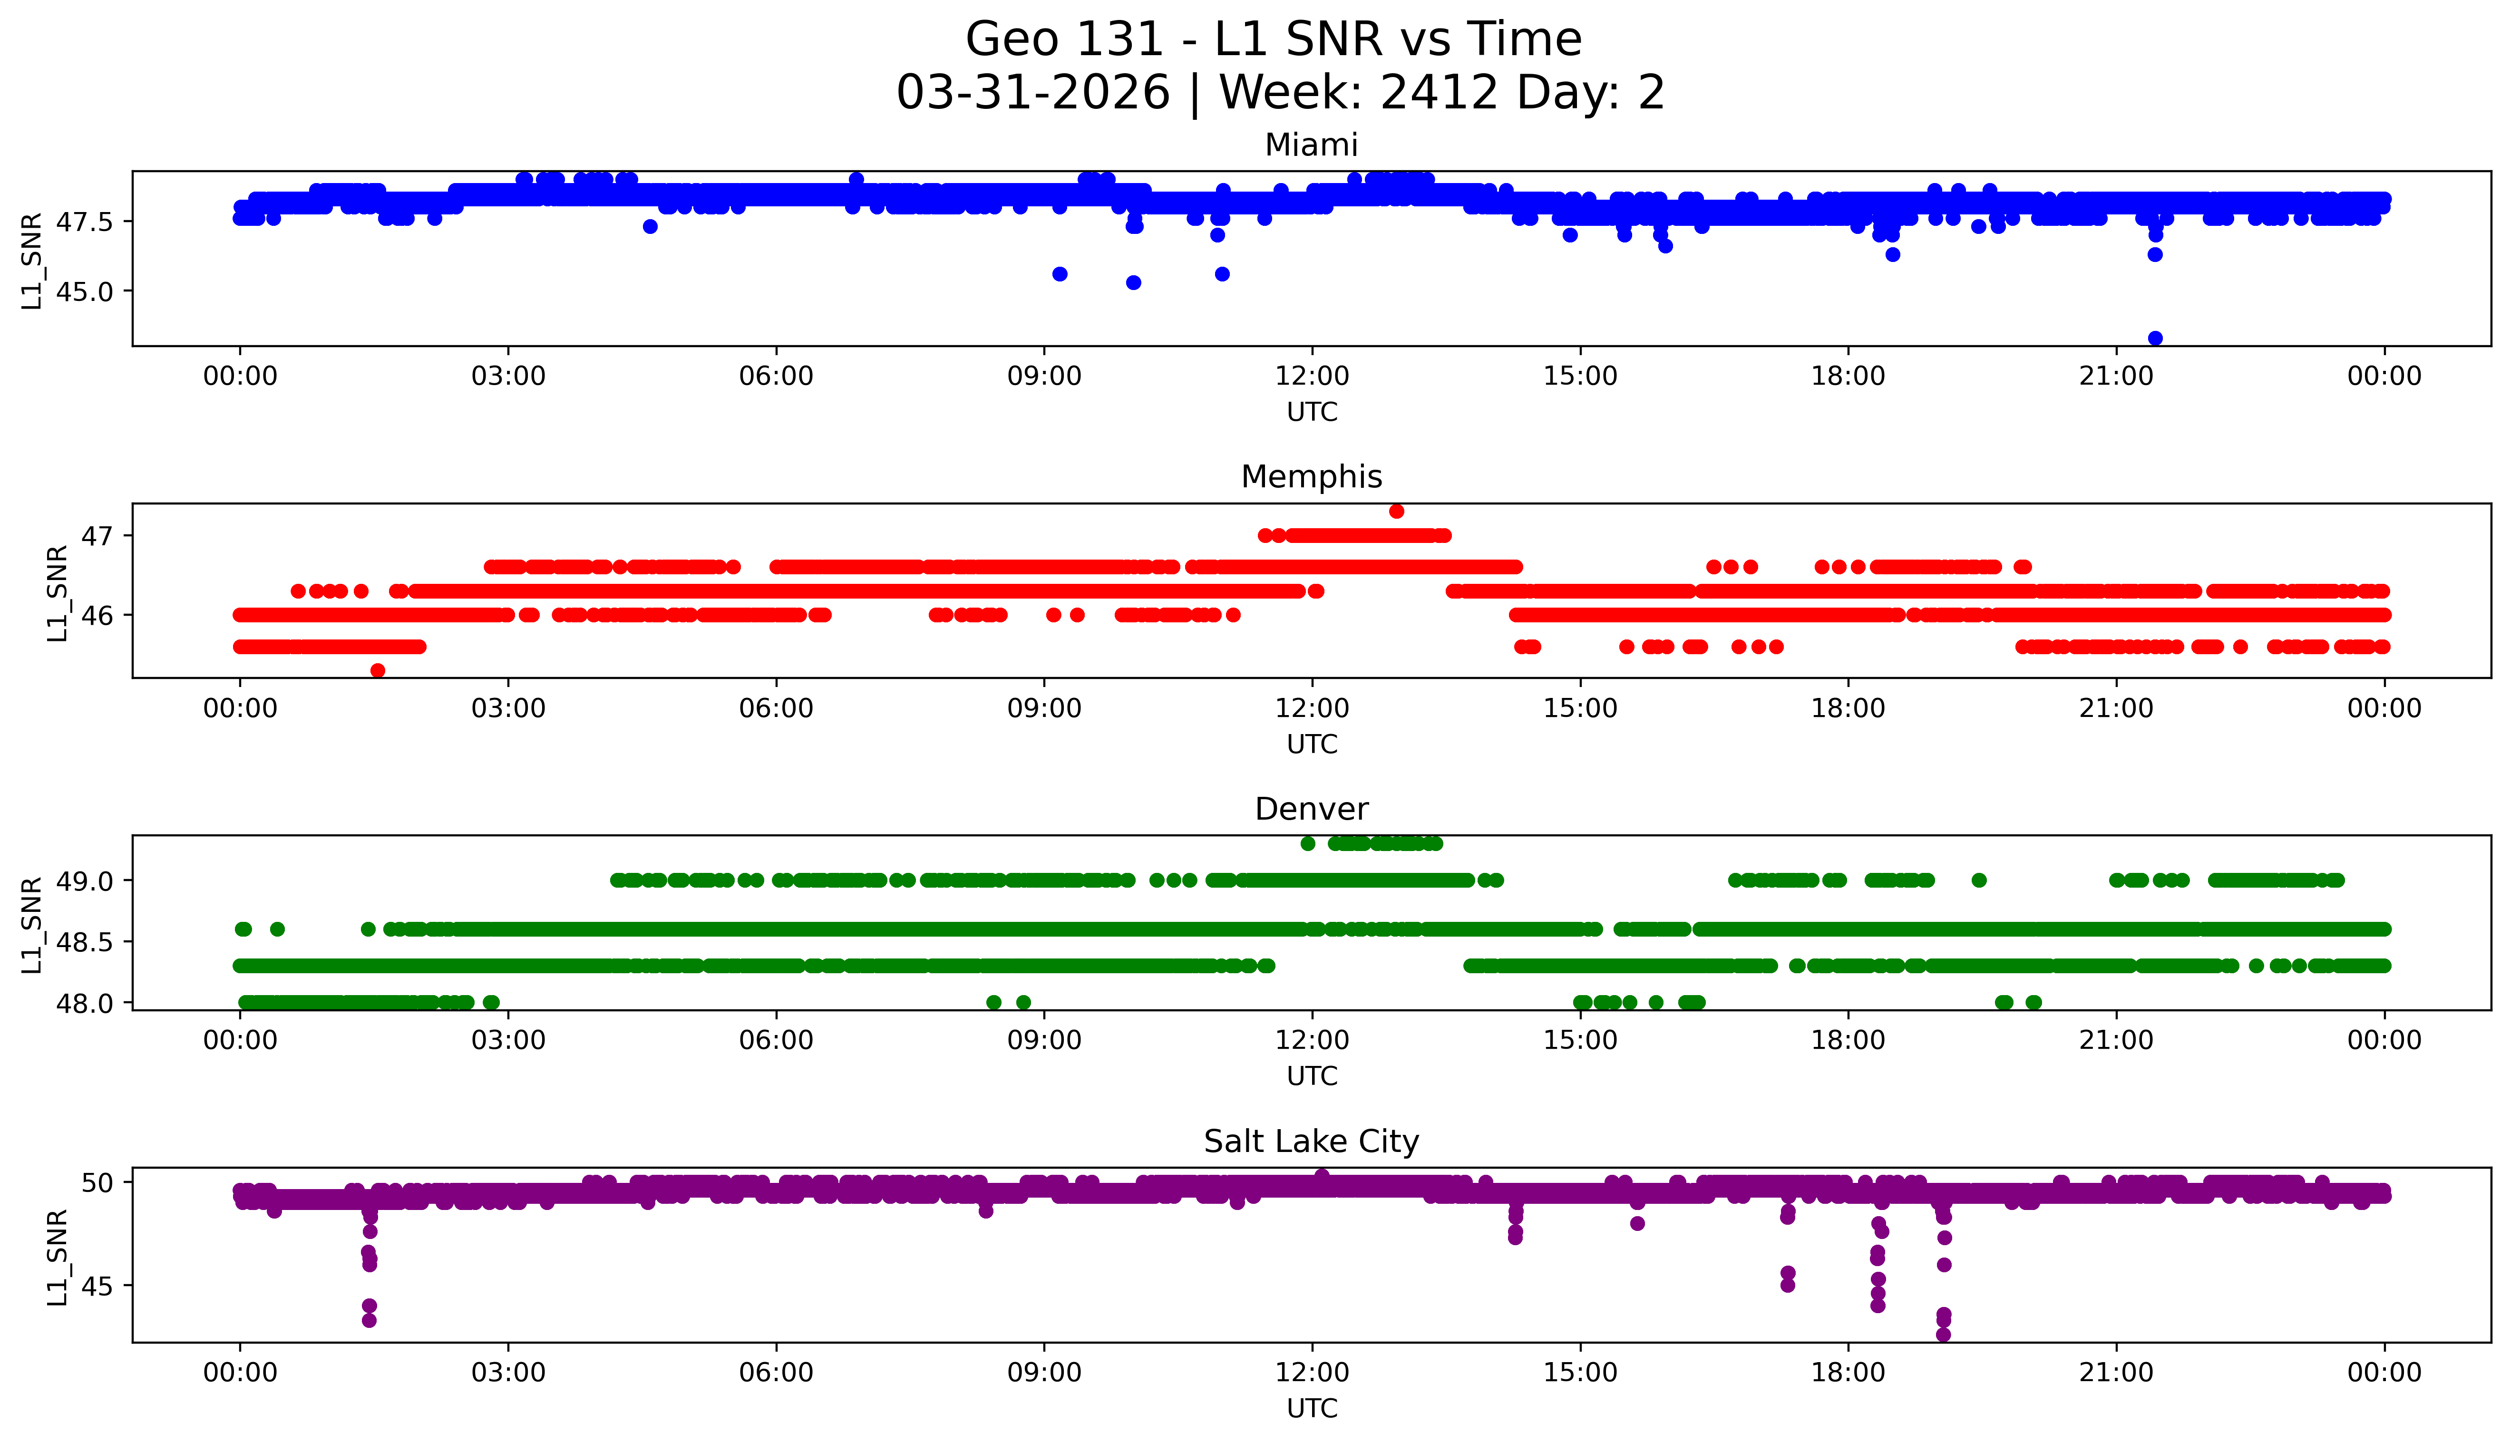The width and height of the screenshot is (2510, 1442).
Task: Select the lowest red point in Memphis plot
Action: click(378, 670)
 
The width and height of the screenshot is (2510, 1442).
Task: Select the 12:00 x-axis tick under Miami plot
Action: click(1312, 377)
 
